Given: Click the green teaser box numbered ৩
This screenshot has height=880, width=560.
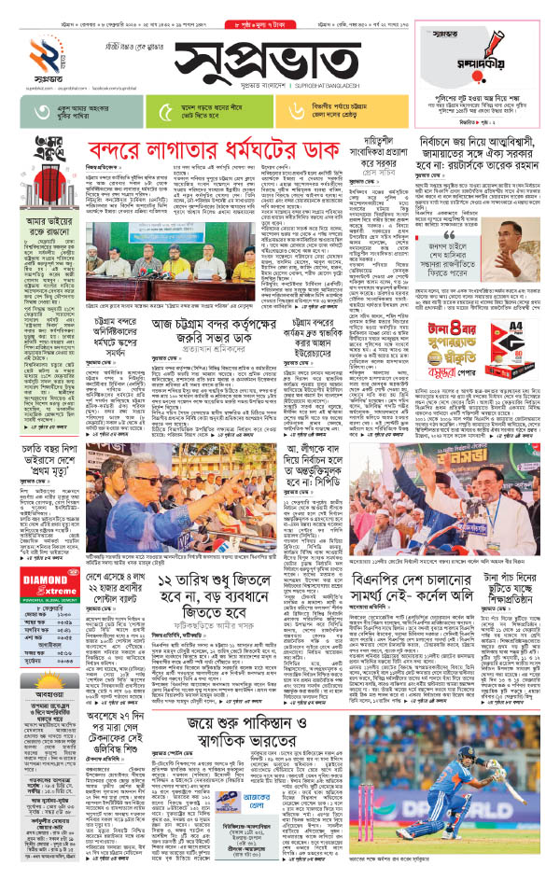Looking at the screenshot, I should [69, 112].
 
